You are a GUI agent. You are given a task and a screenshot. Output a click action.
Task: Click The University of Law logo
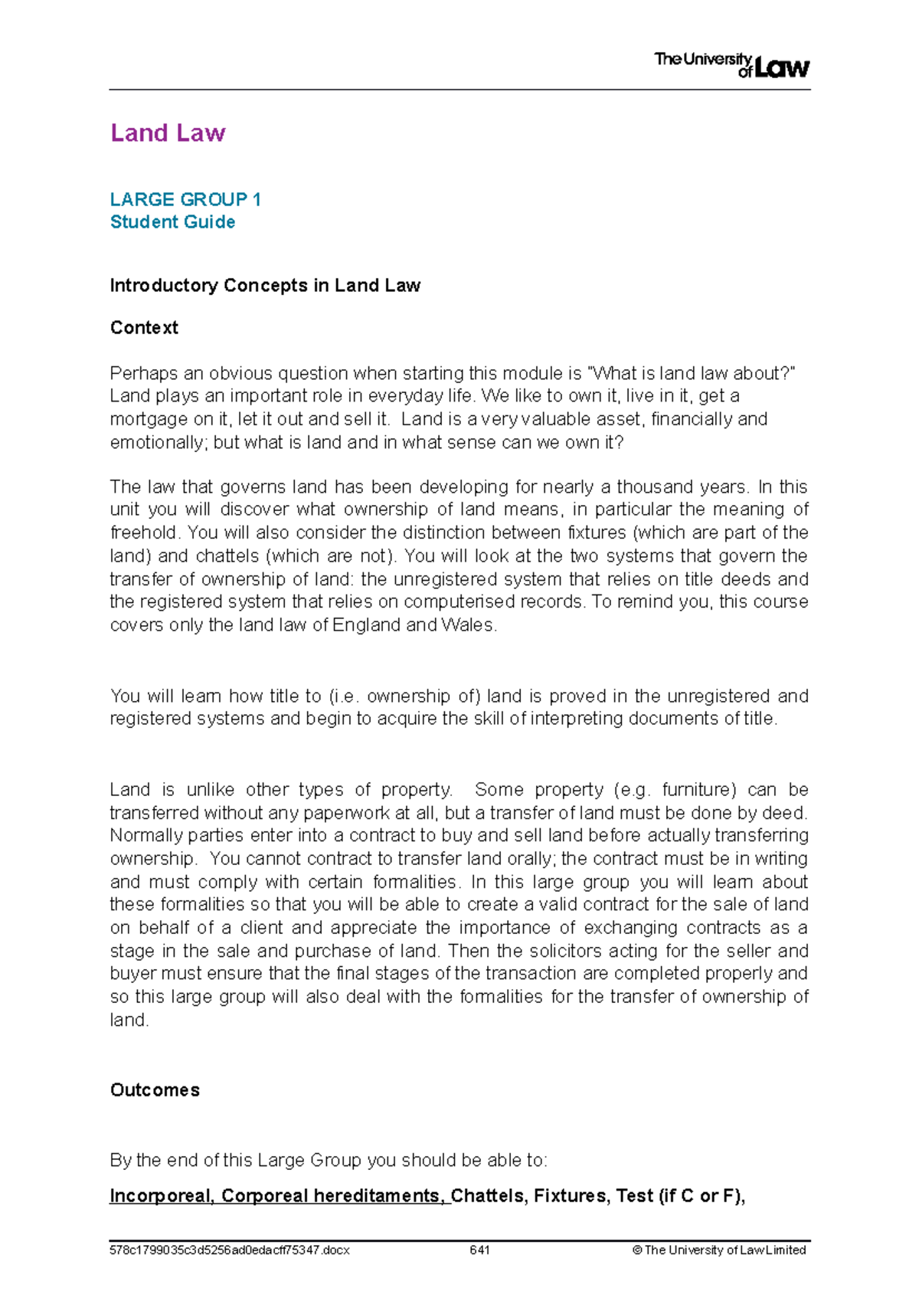[731, 65]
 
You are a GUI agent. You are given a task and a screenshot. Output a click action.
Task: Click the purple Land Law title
[168, 133]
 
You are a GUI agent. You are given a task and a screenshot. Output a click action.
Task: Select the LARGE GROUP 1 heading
[185, 200]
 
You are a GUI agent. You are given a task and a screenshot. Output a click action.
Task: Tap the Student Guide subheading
[172, 222]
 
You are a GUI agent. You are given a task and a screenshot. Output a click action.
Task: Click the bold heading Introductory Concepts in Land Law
[265, 286]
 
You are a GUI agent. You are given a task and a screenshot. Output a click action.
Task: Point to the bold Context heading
[144, 328]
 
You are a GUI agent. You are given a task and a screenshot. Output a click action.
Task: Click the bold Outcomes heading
[155, 1090]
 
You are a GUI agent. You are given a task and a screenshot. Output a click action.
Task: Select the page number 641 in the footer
[479, 1250]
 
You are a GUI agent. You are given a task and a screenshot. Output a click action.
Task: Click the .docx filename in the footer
[230, 1250]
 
